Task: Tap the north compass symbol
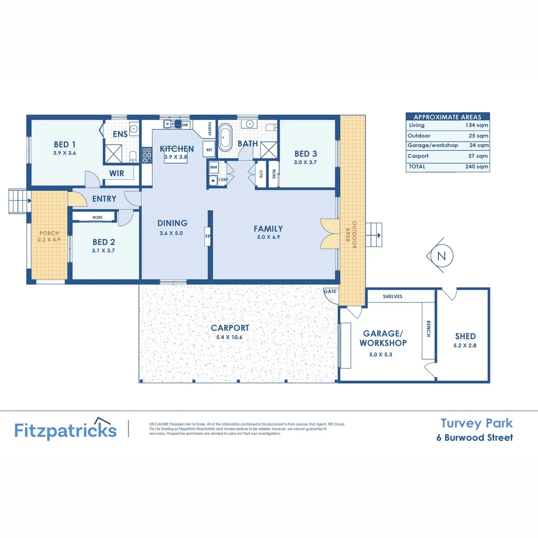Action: [440, 256]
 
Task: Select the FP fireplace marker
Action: [207, 237]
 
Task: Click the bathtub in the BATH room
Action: [226, 137]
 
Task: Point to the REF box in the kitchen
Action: [209, 149]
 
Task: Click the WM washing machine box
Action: [213, 167]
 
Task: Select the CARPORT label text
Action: [230, 328]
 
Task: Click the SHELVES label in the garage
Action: [393, 296]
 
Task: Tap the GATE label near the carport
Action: [329, 290]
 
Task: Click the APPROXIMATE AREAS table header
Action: [447, 117]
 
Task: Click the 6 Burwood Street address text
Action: [474, 438]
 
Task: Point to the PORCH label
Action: [49, 233]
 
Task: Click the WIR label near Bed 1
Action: [117, 174]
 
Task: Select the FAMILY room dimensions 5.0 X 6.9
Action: [268, 237]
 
